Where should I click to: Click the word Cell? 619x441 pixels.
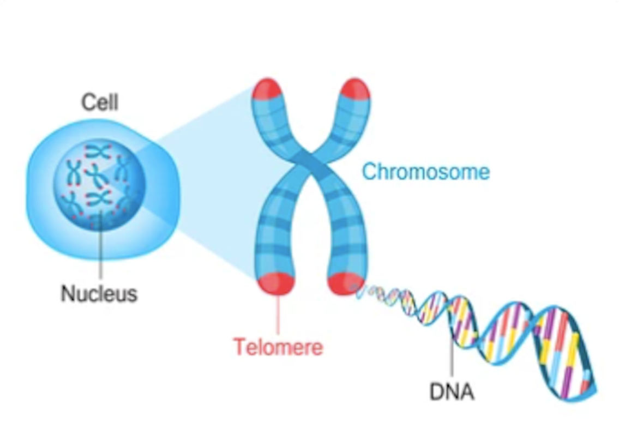coord(100,102)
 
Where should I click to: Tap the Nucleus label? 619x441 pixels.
coord(99,293)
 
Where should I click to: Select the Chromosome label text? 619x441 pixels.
coord(426,172)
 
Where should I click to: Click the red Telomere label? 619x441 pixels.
coord(278,347)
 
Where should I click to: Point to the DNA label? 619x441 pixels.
coord(452,392)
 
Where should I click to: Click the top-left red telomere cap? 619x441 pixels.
coord(267,88)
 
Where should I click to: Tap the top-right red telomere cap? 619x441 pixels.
coord(355,88)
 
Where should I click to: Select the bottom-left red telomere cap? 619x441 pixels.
coord(277,283)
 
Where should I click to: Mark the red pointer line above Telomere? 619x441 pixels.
coord(278,315)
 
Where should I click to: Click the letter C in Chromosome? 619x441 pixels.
coord(370,172)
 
